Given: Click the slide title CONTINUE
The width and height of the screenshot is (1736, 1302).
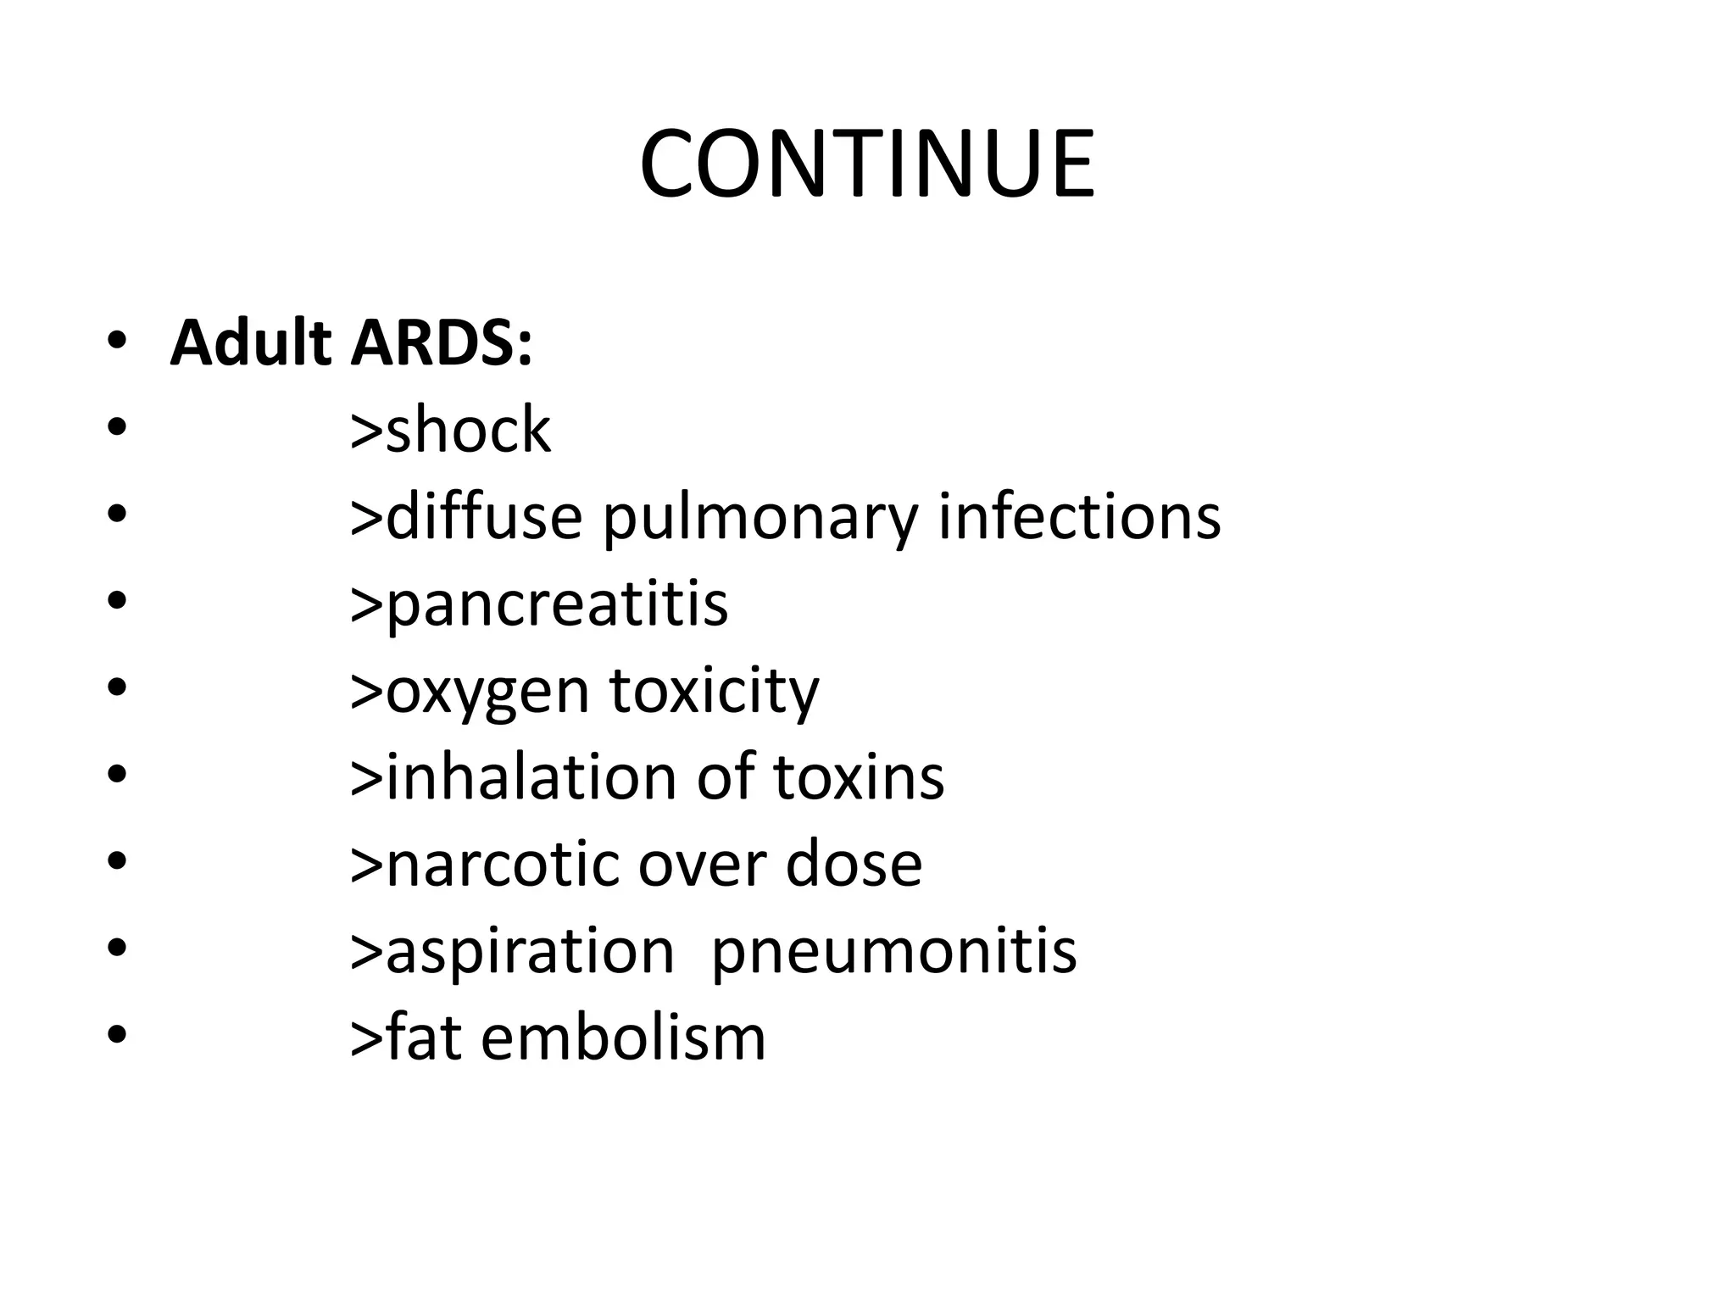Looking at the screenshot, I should click(867, 164).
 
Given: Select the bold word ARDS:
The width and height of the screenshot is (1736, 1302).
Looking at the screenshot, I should click(442, 343).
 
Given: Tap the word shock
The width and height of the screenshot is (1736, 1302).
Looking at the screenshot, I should click(468, 429).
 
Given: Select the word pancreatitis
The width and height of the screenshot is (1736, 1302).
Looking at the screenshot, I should click(557, 604).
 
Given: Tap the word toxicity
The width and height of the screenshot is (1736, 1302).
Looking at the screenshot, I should click(714, 691).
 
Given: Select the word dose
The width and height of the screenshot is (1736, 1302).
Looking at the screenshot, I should click(854, 864).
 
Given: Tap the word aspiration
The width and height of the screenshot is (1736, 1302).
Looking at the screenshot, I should click(530, 951).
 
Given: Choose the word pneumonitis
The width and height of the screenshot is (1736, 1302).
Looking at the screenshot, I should click(893, 951).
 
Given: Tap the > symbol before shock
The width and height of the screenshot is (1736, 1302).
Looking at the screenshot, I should click(366, 431).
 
